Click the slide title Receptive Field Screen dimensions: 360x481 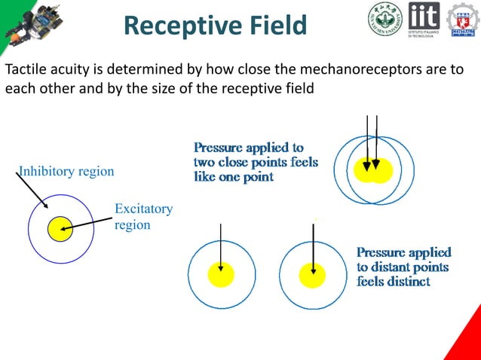click(215, 26)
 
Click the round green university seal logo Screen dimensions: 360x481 click(385, 20)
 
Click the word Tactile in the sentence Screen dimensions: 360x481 click(26, 71)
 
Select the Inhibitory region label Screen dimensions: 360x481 click(66, 172)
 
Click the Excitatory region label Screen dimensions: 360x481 click(143, 216)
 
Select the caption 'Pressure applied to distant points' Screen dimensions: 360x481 click(403, 266)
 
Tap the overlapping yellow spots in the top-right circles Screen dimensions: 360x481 click(374, 171)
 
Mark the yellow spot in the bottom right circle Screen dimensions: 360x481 click(312, 275)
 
